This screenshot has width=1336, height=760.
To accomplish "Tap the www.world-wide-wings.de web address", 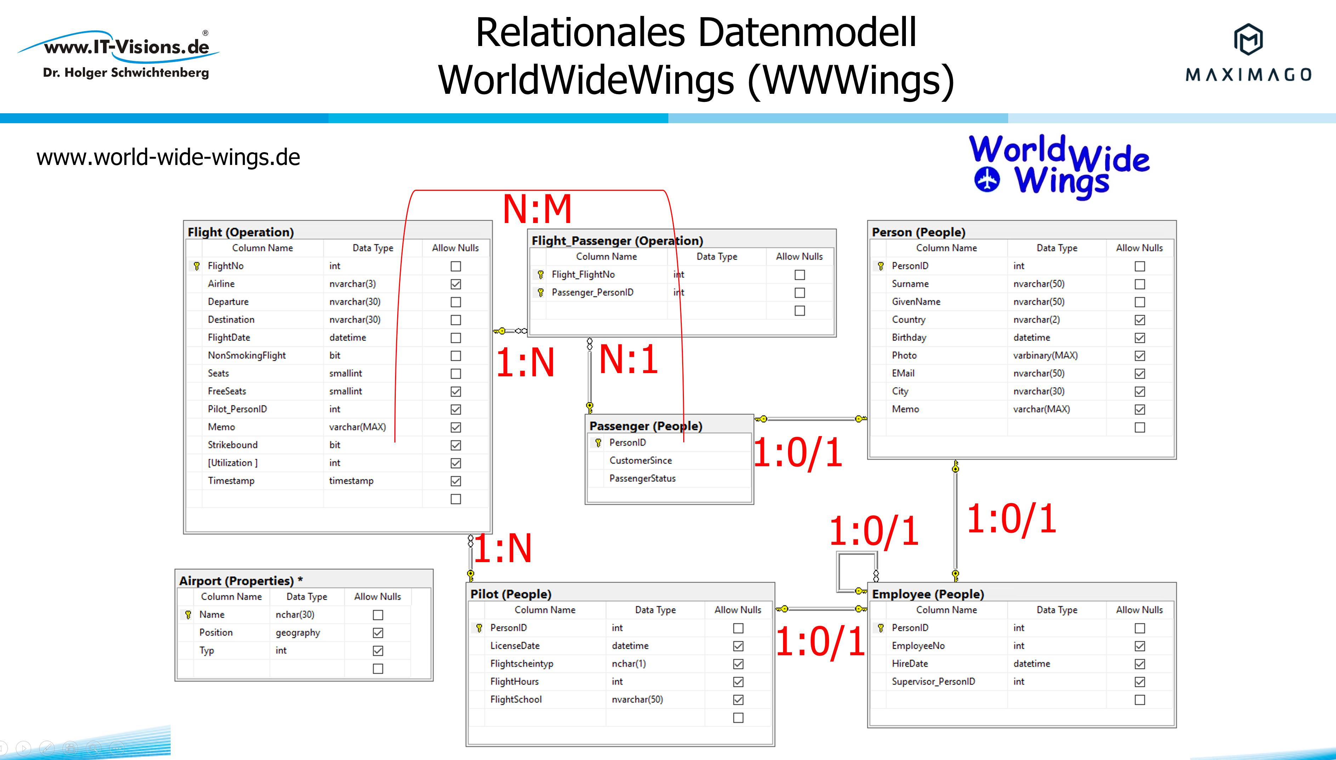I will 168,157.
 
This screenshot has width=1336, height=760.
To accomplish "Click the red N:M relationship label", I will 537,209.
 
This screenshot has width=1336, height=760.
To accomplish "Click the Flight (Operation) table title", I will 241,232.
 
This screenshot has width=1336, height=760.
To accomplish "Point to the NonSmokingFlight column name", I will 246,355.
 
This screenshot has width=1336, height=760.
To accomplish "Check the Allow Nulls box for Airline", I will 456,284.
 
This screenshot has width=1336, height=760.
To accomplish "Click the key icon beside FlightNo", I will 197,266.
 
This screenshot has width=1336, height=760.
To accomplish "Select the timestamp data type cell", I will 351,481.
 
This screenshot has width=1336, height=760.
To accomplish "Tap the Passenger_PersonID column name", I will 592,292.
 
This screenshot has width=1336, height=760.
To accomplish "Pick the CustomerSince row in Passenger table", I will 640,461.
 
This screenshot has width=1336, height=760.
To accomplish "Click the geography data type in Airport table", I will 297,633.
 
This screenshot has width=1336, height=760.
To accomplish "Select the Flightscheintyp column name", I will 521,663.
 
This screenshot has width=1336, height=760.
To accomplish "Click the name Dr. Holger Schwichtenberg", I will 126,73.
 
